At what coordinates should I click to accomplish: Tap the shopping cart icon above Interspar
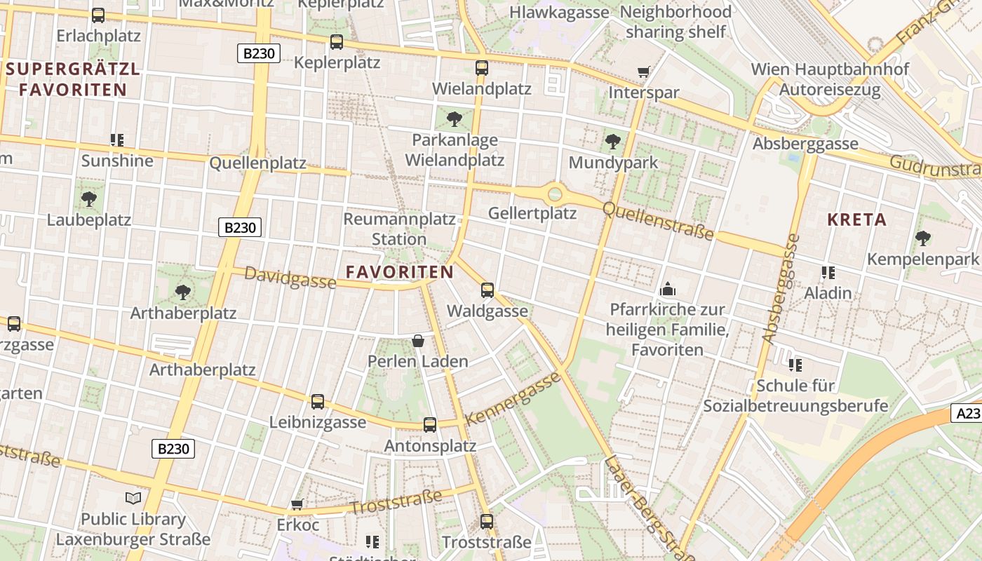(x=643, y=72)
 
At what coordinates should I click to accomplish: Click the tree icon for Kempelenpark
(x=923, y=238)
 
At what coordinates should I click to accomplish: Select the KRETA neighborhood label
(x=856, y=219)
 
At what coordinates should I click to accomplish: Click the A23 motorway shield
(x=967, y=414)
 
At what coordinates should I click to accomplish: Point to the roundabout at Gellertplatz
(x=555, y=193)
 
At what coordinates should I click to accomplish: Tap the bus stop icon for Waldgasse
(x=487, y=290)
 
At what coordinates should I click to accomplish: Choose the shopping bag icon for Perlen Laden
(x=418, y=341)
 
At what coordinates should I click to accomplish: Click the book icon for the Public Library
(x=133, y=499)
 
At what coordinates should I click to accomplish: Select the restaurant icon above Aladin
(x=828, y=272)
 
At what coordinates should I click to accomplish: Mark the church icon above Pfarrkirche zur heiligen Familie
(x=667, y=289)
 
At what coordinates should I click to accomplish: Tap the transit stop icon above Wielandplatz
(x=482, y=68)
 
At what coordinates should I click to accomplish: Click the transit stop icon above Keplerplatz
(x=337, y=42)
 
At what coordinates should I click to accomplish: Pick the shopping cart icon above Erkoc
(x=297, y=504)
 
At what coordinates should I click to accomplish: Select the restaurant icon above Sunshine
(x=117, y=140)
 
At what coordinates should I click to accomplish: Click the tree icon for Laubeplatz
(x=89, y=199)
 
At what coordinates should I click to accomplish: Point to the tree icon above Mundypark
(x=613, y=142)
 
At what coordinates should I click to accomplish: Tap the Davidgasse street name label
(x=290, y=278)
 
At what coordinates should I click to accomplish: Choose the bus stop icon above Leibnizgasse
(x=318, y=402)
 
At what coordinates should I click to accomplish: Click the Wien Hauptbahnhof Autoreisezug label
(x=830, y=79)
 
